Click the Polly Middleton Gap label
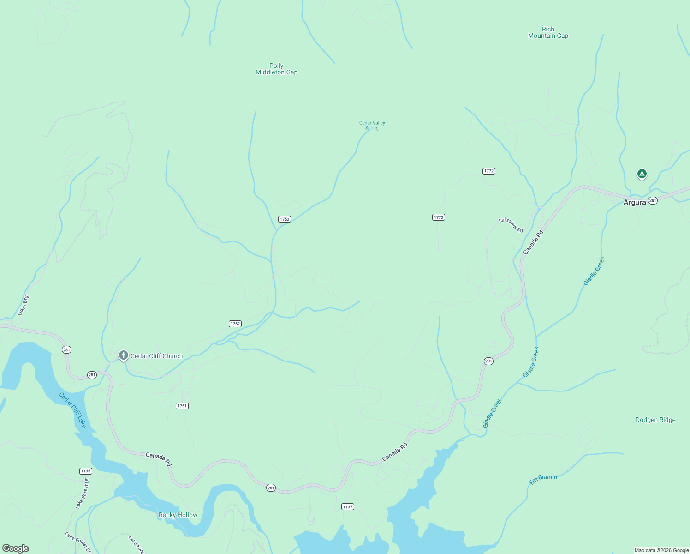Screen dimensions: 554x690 pyautogui.click(x=276, y=69)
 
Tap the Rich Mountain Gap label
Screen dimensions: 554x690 pyautogui.click(x=548, y=32)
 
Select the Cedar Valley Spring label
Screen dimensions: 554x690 pyautogui.click(x=372, y=125)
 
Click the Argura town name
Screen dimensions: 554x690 pyautogui.click(x=635, y=202)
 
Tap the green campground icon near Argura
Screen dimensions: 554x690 pyautogui.click(x=642, y=174)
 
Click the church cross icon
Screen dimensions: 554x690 pyautogui.click(x=123, y=355)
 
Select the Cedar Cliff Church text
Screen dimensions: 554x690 pyautogui.click(x=156, y=356)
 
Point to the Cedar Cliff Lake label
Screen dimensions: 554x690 pyautogui.click(x=73, y=409)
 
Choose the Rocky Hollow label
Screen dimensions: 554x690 pyautogui.click(x=178, y=515)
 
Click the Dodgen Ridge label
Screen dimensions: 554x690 pyautogui.click(x=655, y=420)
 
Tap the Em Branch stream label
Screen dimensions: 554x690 pyautogui.click(x=543, y=479)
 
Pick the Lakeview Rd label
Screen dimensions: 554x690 pyautogui.click(x=511, y=225)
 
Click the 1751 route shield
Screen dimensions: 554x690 pyautogui.click(x=182, y=406)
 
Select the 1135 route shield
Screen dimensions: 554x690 pyautogui.click(x=85, y=471)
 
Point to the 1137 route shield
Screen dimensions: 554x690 pyautogui.click(x=348, y=506)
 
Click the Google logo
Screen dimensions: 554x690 pyautogui.click(x=16, y=548)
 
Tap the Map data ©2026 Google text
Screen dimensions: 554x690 pyautogui.click(x=661, y=550)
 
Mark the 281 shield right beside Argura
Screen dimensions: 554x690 pyautogui.click(x=653, y=200)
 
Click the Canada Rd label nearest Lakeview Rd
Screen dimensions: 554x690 pyautogui.click(x=533, y=242)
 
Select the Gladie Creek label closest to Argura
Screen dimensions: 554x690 pyautogui.click(x=594, y=271)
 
